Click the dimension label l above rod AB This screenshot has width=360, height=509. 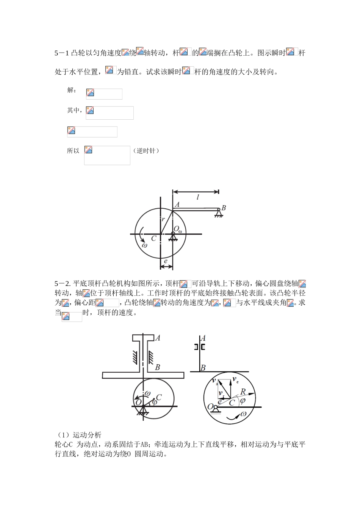pyautogui.click(x=197, y=197)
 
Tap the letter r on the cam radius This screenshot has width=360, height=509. pyautogui.click(x=163, y=219)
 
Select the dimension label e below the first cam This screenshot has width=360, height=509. pyautogui.click(x=166, y=261)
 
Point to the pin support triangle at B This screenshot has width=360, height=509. pyautogui.click(x=219, y=213)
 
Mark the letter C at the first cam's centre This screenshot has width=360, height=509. pyautogui.click(x=153, y=239)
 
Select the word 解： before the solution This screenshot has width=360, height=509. pyautogui.click(x=72, y=90)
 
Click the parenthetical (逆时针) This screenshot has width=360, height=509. pyautogui.click(x=146, y=151)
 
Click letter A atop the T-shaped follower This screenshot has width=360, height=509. pyautogui.click(x=158, y=338)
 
